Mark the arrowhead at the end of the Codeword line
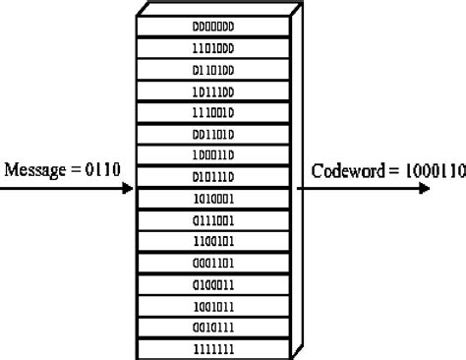pyautogui.click(x=424, y=187)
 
